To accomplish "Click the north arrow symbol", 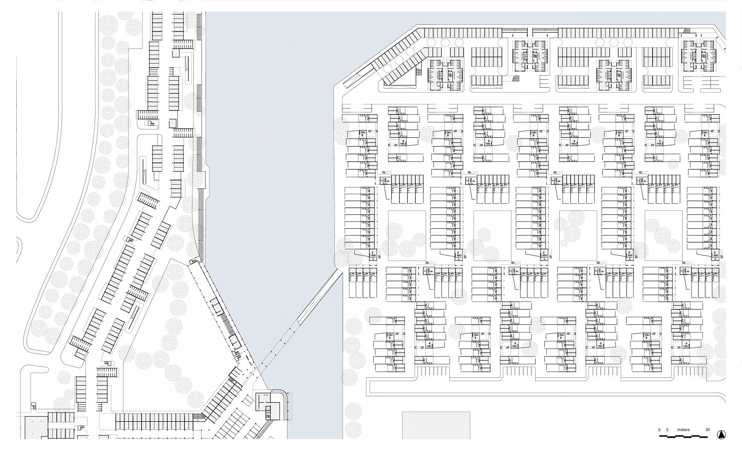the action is (x=721, y=434).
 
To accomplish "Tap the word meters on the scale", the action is (x=684, y=430).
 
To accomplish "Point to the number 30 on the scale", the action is (x=707, y=430).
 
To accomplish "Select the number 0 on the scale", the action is (x=659, y=430).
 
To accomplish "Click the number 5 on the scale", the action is (x=667, y=430).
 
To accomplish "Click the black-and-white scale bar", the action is (x=683, y=436).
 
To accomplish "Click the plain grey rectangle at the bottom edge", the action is (x=436, y=425).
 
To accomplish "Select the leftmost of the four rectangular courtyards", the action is (x=407, y=235).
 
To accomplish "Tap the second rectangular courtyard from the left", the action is (x=492, y=235).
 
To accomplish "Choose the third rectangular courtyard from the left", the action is (x=578, y=235).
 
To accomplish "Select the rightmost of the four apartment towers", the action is (x=699, y=56).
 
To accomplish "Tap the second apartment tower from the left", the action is (x=530, y=56).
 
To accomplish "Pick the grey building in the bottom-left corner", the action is (x=37, y=427).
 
